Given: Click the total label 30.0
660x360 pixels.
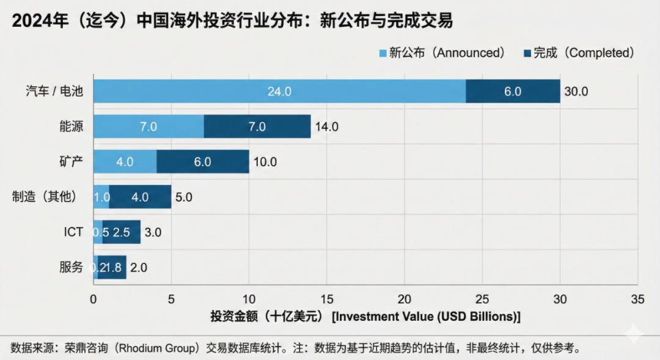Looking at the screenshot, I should (576, 92).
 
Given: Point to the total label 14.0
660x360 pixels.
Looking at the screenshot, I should (326, 127).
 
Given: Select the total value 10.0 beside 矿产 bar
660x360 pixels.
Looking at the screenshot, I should (265, 162).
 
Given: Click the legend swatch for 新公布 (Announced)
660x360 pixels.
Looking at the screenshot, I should (383, 53).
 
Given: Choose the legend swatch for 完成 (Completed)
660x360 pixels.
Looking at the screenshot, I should (528, 53).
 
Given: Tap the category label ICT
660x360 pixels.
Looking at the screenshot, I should (73, 232).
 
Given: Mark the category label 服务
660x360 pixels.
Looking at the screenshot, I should (71, 267).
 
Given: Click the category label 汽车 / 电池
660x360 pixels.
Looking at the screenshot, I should (54, 92).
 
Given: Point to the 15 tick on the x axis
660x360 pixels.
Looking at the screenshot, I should (326, 299).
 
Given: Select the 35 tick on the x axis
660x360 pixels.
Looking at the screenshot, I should (637, 299).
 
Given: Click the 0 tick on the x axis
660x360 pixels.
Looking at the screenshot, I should (94, 299).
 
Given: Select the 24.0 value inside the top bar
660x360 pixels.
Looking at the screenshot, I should (279, 92).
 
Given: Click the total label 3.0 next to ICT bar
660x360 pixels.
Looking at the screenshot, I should (153, 232).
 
